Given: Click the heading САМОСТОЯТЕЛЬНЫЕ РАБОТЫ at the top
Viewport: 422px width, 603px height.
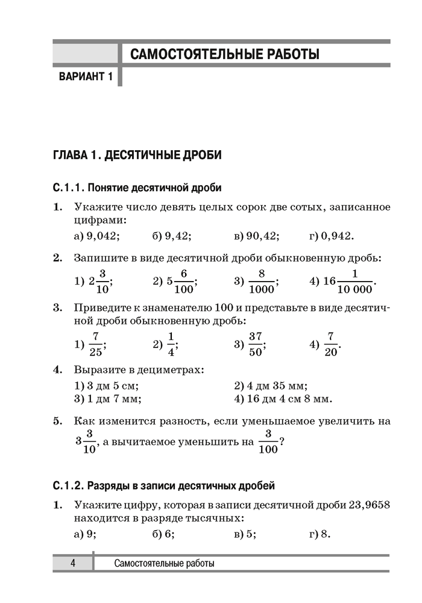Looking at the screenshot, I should click(225, 55).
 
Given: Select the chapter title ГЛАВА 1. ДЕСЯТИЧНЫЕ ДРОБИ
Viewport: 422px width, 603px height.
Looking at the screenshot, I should click(137, 155).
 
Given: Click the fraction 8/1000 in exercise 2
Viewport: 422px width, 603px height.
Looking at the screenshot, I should click(261, 281).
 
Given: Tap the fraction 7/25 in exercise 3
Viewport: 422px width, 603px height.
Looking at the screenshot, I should click(95, 344).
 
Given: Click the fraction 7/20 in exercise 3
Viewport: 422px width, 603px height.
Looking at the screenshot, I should click(330, 344).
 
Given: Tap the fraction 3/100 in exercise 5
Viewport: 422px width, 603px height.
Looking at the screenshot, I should click(268, 442).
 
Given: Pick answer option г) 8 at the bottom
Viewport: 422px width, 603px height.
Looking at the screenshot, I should click(320, 534).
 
